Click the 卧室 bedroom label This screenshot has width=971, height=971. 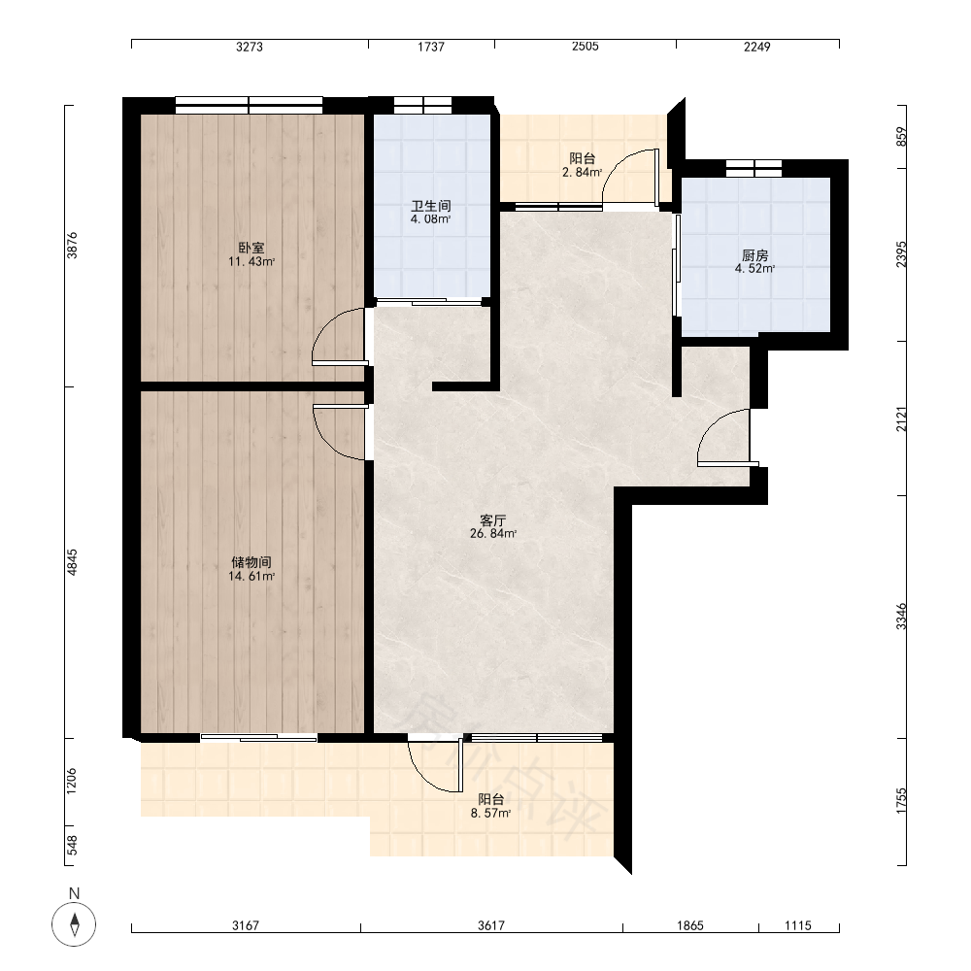click(x=251, y=248)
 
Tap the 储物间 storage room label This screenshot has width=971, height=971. click(x=251, y=562)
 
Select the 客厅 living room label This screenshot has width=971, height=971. click(x=493, y=520)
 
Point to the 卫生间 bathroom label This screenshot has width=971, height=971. click(x=431, y=206)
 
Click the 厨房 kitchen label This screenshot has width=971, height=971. click(x=754, y=255)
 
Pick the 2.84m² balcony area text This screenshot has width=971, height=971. click(x=582, y=172)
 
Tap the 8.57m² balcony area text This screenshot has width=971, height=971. click(x=490, y=813)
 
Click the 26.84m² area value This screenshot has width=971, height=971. click(x=493, y=533)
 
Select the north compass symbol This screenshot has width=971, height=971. click(x=75, y=924)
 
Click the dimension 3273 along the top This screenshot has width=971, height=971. click(x=250, y=47)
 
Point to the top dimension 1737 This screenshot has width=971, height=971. click(x=431, y=47)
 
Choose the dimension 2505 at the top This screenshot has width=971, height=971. click(x=586, y=47)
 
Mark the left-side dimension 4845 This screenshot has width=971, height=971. click(x=73, y=562)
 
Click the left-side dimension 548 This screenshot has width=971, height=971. click(x=73, y=846)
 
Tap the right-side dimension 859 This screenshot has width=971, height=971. click(x=901, y=137)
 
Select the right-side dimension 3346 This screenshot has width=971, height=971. click(x=901, y=617)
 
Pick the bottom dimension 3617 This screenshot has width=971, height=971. click(x=491, y=925)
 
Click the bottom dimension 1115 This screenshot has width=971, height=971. click(x=797, y=925)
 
